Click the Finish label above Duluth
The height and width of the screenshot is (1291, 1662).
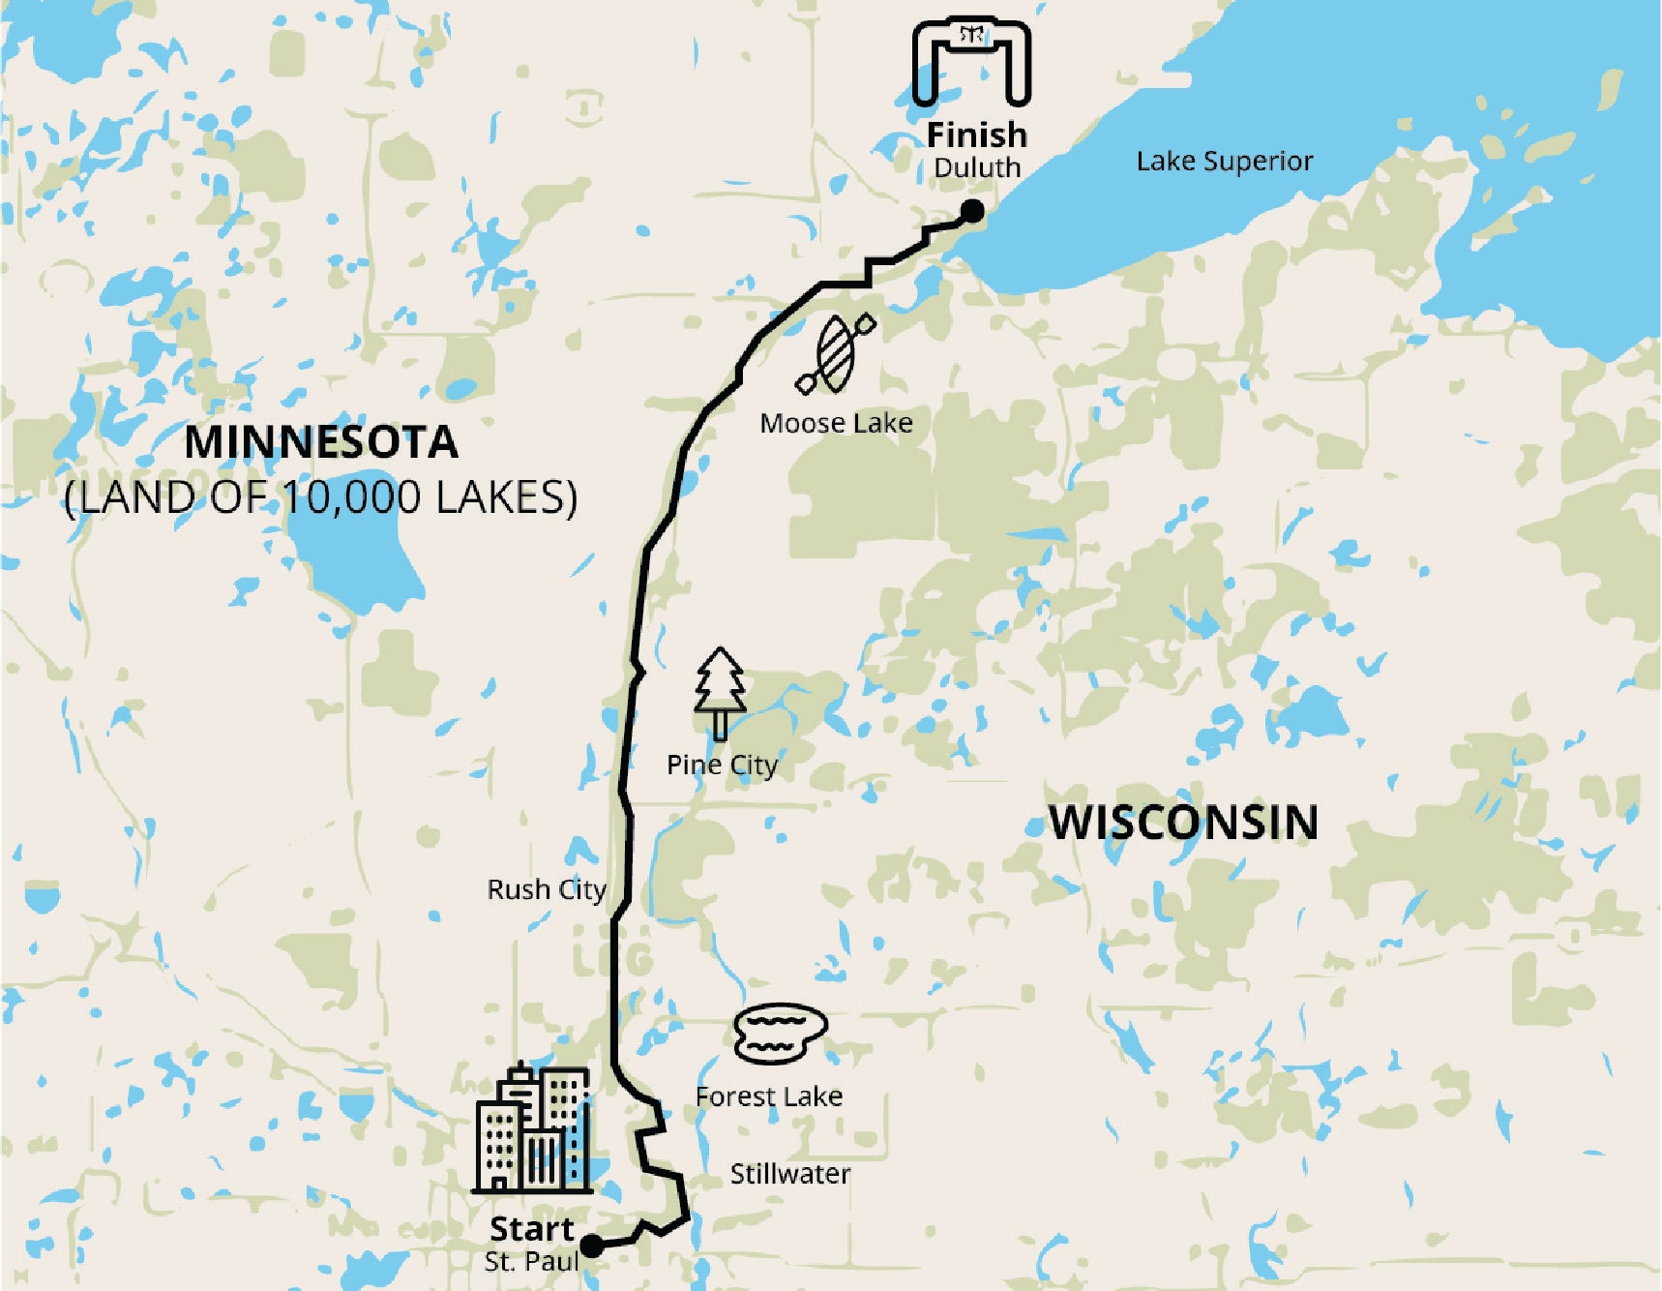[976, 135]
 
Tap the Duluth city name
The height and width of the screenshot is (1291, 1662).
[976, 167]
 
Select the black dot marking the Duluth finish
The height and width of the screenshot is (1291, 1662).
[972, 211]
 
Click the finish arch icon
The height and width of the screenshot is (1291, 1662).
[971, 61]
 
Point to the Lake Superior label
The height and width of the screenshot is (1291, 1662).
[1224, 161]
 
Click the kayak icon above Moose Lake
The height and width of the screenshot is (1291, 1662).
[835, 353]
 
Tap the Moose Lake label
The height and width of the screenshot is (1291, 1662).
[836, 423]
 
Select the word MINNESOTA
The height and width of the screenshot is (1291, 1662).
[321, 442]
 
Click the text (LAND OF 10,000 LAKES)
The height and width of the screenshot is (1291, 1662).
[321, 497]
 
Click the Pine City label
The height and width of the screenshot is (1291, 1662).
[722, 765]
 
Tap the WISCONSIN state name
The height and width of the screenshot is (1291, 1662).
[1183, 823]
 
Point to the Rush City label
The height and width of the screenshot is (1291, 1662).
[546, 889]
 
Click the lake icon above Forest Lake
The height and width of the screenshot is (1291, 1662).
[780, 1033]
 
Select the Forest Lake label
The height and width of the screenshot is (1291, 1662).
[769, 1096]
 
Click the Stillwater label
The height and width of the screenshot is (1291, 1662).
[789, 1174]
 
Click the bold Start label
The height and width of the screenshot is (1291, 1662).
[532, 1229]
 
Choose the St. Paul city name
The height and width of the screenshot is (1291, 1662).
[531, 1262]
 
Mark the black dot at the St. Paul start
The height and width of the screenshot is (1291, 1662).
[591, 1246]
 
